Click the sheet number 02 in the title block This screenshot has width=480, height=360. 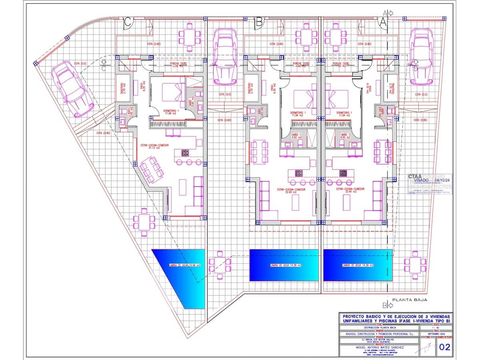coord(444,347)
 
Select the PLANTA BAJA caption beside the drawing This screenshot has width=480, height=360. coord(410,300)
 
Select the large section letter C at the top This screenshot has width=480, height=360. coord(128,22)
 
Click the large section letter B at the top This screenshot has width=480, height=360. coord(259,22)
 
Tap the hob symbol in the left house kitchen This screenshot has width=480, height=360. coord(185,152)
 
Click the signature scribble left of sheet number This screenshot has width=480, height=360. coord(422,348)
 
